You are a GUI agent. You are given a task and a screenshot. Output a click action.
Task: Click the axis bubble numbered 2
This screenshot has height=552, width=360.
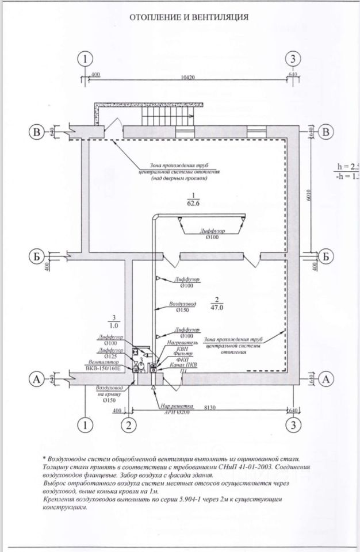129,425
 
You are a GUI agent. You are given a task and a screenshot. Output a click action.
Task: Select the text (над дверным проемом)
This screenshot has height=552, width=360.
179,178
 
